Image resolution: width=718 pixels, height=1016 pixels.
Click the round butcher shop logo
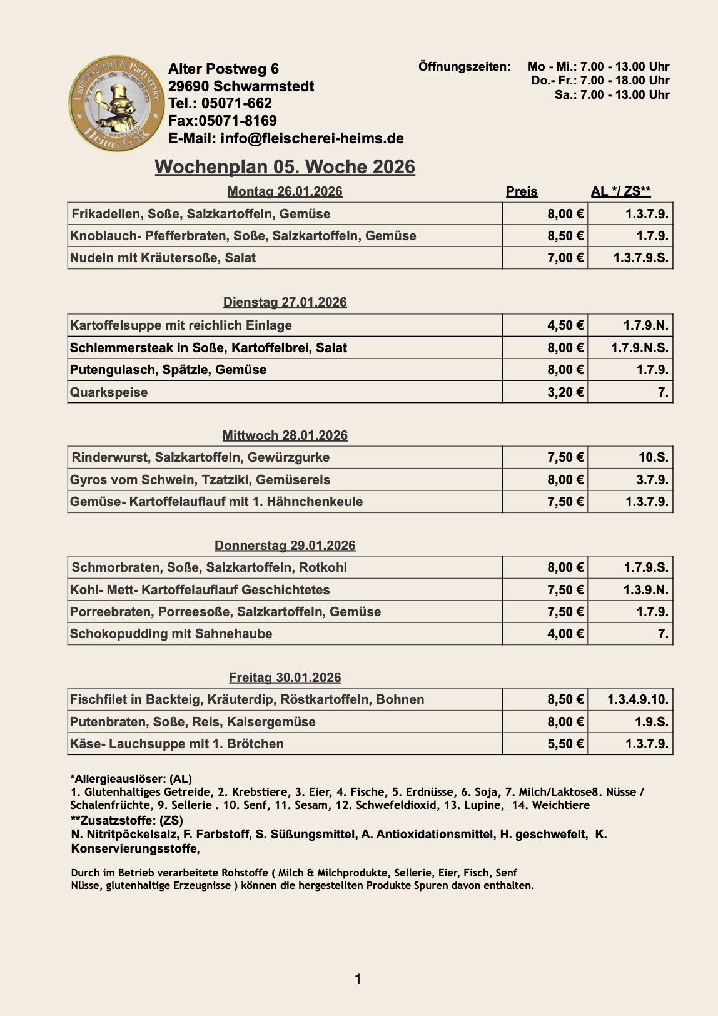click(x=116, y=104)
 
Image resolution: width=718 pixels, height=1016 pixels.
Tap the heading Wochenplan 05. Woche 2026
click(x=285, y=167)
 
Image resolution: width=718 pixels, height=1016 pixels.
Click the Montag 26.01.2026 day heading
click(x=285, y=191)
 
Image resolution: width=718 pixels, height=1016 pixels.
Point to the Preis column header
click(x=522, y=191)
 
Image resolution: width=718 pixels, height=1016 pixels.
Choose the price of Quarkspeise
click(x=565, y=392)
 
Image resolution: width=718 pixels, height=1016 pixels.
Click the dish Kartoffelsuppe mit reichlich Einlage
click(x=181, y=325)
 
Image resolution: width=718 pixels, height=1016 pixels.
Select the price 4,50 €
click(x=565, y=325)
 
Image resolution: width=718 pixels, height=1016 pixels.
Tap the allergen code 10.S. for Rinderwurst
click(x=653, y=457)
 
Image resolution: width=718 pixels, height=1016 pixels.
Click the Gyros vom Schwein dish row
click(x=200, y=480)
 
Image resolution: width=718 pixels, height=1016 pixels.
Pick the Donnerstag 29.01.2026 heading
click(x=285, y=546)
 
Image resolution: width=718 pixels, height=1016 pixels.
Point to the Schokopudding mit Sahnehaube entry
click(x=171, y=634)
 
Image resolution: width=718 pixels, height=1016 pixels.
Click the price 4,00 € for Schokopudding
click(x=565, y=634)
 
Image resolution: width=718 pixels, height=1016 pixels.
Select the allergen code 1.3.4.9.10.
click(x=637, y=699)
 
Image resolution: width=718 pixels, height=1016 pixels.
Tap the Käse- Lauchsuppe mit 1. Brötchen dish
click(x=177, y=744)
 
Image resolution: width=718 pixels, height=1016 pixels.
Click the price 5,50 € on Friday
click(x=565, y=744)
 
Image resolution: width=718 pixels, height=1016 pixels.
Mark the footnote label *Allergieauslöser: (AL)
click(x=131, y=779)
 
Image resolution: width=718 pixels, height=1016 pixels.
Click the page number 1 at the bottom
click(x=358, y=979)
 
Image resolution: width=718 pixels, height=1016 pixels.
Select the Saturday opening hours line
click(x=612, y=95)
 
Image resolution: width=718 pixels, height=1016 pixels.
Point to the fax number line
click(x=223, y=121)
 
